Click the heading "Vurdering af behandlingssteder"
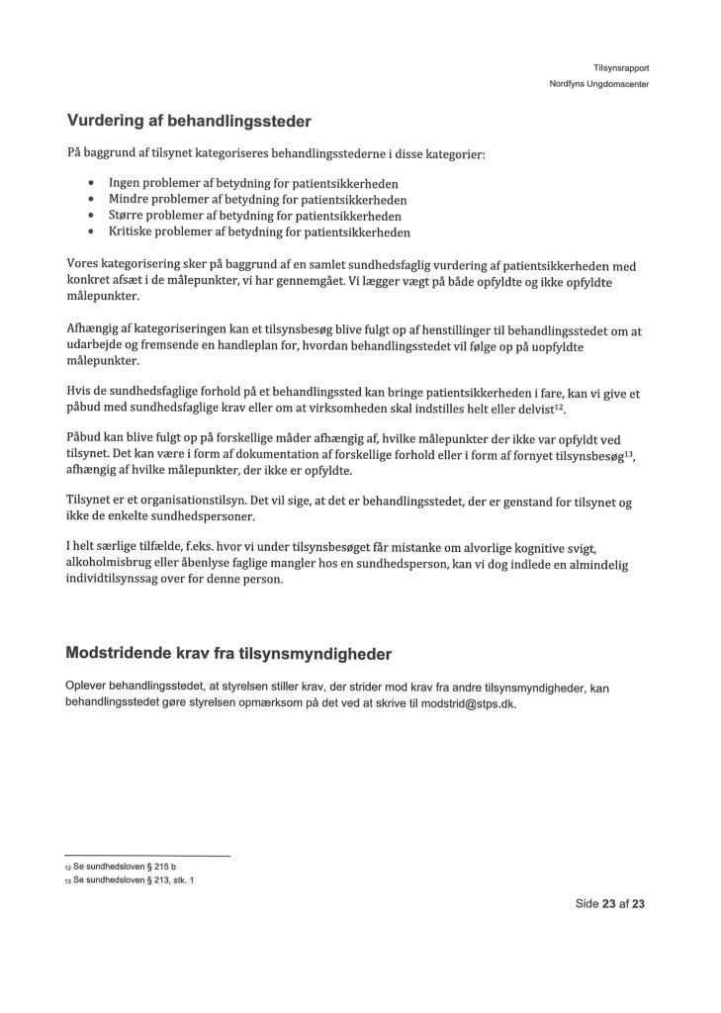coord(189,123)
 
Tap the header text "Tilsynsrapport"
coord(621,67)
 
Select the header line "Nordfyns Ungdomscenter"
coord(599,84)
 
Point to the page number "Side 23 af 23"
coord(610,904)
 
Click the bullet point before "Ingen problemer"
coord(91,183)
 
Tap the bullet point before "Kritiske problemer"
coord(91,232)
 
